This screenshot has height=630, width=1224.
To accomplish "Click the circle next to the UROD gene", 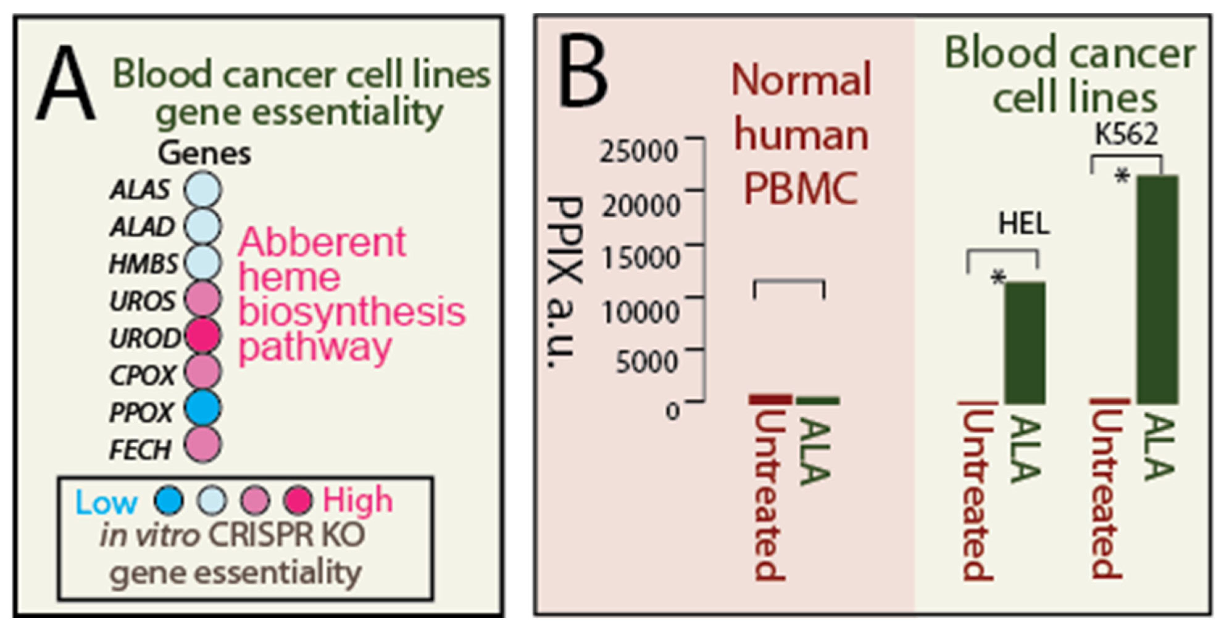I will (x=203, y=336).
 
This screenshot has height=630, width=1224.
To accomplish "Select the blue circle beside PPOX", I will (x=203, y=408).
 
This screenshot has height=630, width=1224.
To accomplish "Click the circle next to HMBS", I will (x=203, y=262).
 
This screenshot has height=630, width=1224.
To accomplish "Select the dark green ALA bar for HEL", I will (x=1025, y=343).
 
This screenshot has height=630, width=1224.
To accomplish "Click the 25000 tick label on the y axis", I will (x=638, y=152).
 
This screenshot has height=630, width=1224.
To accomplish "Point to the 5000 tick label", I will (x=646, y=362).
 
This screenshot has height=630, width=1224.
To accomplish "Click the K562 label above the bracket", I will (x=1126, y=135).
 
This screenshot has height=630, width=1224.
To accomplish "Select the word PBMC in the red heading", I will (x=801, y=189).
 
